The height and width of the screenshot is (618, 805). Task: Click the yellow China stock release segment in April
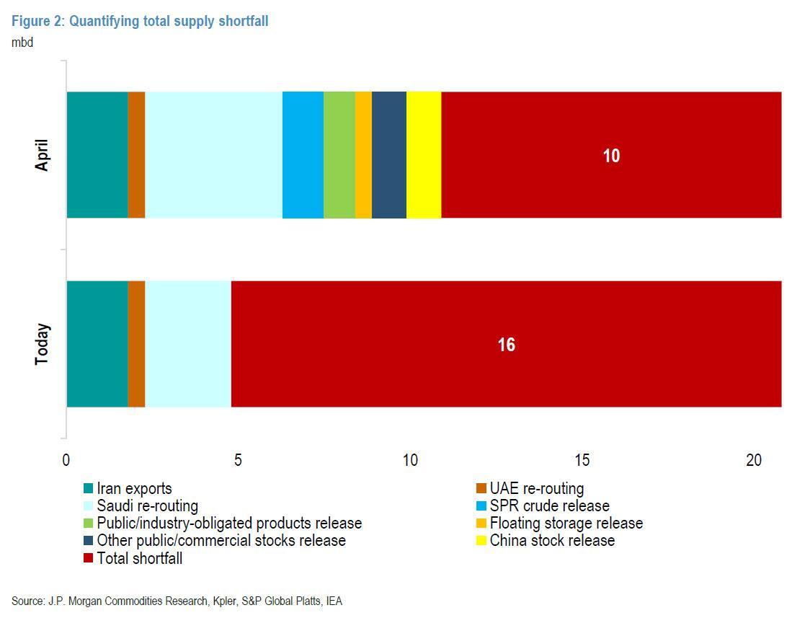click(x=424, y=154)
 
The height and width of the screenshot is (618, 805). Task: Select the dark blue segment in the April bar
click(x=389, y=154)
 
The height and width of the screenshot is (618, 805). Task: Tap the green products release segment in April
click(x=339, y=154)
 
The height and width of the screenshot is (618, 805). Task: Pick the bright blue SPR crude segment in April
click(x=303, y=154)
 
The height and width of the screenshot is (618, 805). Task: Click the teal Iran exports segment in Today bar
click(x=97, y=344)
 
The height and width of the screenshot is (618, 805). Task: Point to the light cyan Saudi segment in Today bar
click(x=187, y=344)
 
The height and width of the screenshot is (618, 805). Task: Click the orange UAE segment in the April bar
click(x=136, y=154)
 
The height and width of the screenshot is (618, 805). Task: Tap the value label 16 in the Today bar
click(x=506, y=345)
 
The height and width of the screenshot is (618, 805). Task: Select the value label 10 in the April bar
click(x=611, y=156)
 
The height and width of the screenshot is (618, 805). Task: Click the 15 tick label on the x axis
click(x=582, y=461)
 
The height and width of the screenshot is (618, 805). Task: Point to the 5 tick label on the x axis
click(x=238, y=461)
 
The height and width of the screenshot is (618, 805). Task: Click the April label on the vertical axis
click(x=42, y=154)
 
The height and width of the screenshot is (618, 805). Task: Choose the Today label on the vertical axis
click(x=42, y=345)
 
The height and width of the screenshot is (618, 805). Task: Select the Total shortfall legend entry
click(x=139, y=557)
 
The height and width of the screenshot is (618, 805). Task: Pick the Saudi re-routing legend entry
click(x=147, y=506)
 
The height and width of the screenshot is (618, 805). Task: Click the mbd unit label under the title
click(x=22, y=42)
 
